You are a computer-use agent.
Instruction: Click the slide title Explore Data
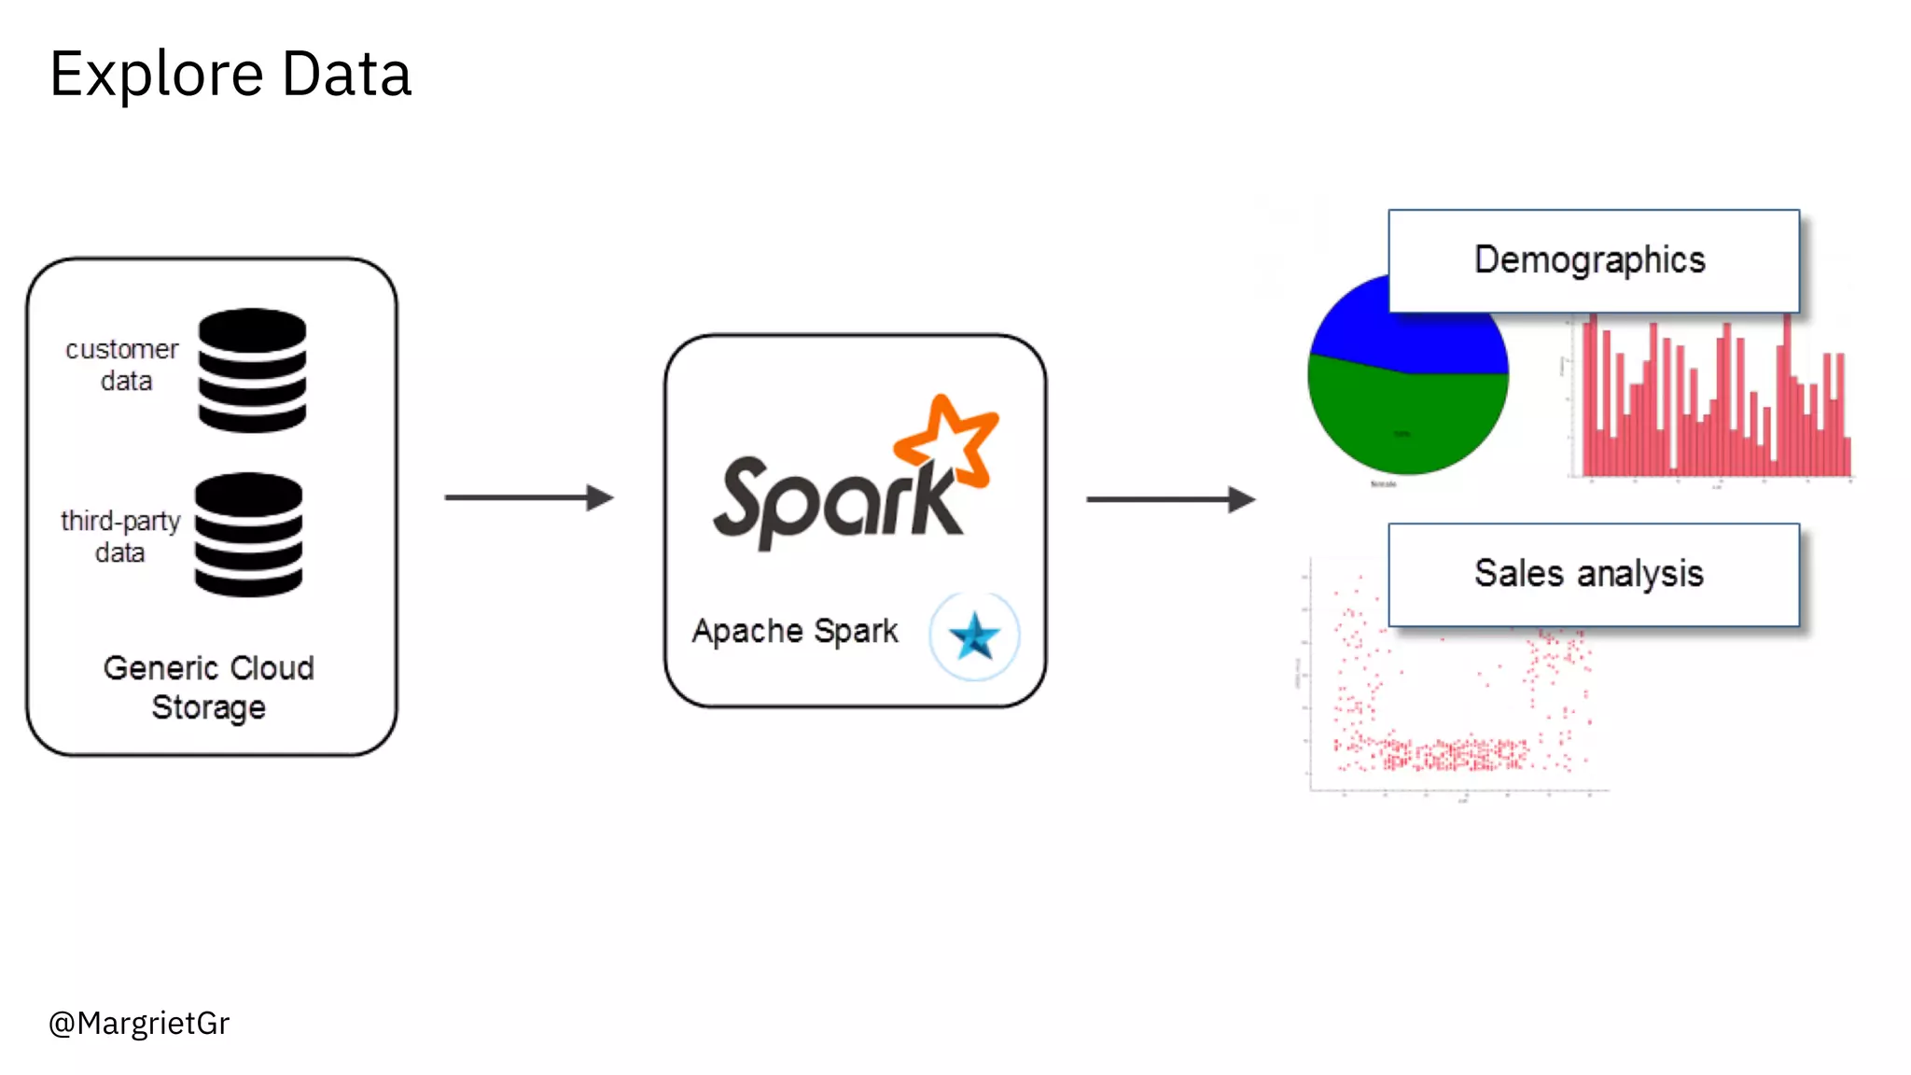point(230,74)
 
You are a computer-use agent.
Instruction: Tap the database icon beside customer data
point(252,370)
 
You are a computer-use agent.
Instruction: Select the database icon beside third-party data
point(248,535)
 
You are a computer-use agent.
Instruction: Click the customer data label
point(122,365)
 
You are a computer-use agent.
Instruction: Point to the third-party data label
point(120,537)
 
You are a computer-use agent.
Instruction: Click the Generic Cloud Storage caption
point(209,687)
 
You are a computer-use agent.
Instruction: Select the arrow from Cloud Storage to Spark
point(528,497)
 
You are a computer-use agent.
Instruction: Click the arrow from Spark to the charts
point(1170,499)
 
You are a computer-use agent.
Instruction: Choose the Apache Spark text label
point(795,632)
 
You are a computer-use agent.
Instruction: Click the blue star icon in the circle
point(974,636)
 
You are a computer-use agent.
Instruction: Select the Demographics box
point(1593,260)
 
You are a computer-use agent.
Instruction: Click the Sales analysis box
point(1593,574)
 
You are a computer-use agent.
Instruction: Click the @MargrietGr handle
point(139,1024)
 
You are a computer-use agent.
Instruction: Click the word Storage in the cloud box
point(209,707)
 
